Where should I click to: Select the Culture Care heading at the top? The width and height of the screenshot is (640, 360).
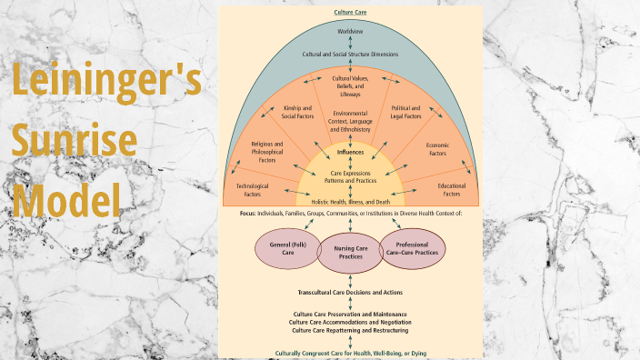coord(350,12)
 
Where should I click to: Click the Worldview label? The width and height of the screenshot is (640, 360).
coord(350,32)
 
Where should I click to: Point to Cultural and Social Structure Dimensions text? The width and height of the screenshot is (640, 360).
coord(350,55)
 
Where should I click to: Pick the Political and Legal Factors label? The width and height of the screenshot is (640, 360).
coord(404,112)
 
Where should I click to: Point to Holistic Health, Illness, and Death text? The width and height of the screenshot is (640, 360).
coord(350,202)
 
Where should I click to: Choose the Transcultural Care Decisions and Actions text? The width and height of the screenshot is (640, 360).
coord(350,293)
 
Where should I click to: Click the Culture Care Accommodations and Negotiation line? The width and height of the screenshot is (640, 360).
coord(350,322)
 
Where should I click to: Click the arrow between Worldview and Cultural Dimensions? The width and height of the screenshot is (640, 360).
coord(350,44)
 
